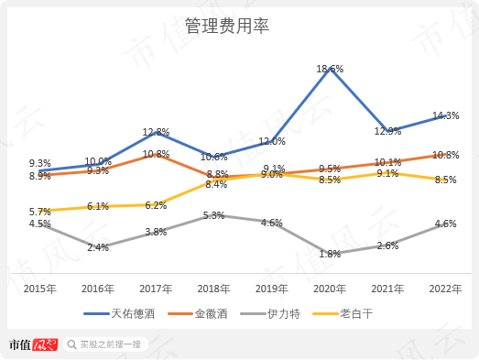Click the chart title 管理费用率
pyautogui.click(x=239, y=26)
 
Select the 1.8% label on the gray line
pyautogui.click(x=330, y=254)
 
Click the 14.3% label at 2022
pyautogui.click(x=445, y=116)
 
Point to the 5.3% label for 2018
pyautogui.click(x=213, y=216)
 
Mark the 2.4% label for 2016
pyautogui.click(x=98, y=247)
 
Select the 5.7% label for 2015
pyautogui.click(x=39, y=211)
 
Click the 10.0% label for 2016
pyautogui.click(x=98, y=162)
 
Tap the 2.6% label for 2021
pyautogui.click(x=387, y=245)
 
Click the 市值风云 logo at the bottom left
pyautogui.click(x=33, y=344)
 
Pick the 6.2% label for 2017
pyautogui.click(x=156, y=205)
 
